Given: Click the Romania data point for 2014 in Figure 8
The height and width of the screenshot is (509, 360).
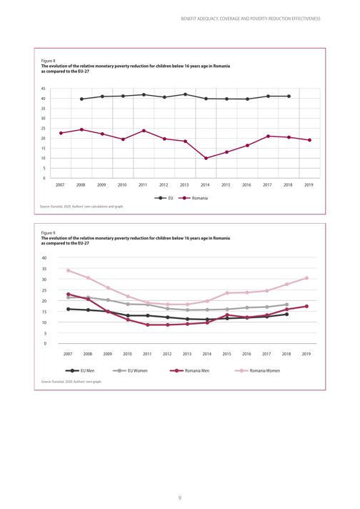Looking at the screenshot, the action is click(206, 159).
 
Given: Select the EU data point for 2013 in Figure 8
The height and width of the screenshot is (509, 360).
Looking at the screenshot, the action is click(185, 94).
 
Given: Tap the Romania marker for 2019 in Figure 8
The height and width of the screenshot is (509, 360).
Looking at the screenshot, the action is click(310, 140).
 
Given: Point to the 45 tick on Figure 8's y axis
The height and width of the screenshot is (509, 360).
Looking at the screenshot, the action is click(43, 89).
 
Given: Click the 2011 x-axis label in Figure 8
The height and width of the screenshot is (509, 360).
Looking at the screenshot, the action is click(143, 185).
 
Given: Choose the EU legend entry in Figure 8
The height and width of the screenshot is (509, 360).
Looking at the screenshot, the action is click(164, 198).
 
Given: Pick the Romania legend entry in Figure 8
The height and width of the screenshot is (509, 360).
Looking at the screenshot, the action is click(194, 198).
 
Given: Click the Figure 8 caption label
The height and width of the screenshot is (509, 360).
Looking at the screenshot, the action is click(48, 61).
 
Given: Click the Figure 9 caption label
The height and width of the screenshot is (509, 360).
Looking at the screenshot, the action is click(48, 233).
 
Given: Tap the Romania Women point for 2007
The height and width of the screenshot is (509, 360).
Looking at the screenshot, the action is click(68, 270).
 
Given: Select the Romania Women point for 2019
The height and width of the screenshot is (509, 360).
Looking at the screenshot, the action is click(306, 278).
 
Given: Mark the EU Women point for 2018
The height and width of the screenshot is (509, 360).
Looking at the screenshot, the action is click(286, 305).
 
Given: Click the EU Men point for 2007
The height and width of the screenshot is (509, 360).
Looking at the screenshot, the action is click(68, 309).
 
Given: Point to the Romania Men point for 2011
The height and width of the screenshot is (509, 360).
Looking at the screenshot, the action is click(148, 325).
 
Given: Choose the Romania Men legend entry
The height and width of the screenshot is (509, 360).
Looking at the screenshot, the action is click(190, 371).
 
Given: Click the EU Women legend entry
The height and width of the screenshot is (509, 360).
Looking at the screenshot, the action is click(130, 371).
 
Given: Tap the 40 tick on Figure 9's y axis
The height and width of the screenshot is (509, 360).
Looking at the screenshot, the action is click(44, 258).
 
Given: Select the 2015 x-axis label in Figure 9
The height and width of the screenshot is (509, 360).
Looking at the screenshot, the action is click(226, 354).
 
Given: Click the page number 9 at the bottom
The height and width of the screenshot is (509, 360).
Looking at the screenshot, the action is click(180, 498).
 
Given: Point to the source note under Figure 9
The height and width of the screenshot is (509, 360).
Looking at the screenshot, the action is click(71, 382).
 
